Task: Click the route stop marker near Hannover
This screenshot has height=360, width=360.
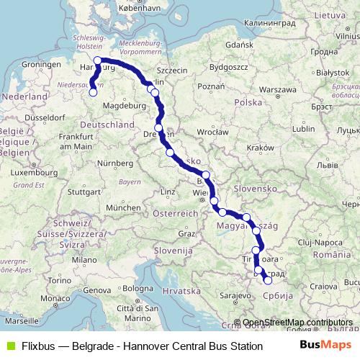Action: [92, 91]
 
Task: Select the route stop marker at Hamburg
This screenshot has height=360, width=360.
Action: [98, 60]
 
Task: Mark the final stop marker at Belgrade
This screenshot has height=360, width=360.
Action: [268, 280]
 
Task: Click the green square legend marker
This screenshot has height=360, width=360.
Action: [9, 345]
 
